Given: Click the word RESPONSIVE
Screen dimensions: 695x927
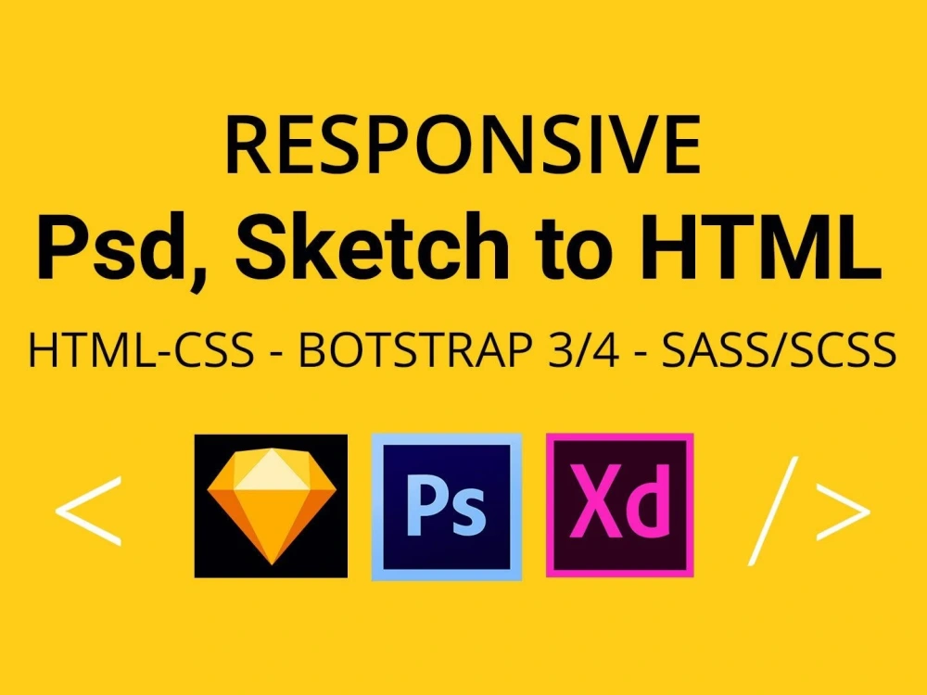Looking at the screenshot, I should coord(463,146).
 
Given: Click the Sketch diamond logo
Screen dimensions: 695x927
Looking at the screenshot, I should coord(271,506).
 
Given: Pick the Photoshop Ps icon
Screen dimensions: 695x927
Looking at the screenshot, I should coord(446,506).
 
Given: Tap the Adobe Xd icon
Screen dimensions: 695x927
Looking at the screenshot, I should coord(619,505).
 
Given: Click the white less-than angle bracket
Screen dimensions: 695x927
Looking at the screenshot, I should coord(88,510).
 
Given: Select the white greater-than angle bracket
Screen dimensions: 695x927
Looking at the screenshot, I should coord(842,510).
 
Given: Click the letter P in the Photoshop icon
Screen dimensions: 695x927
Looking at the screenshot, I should coord(426,505).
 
